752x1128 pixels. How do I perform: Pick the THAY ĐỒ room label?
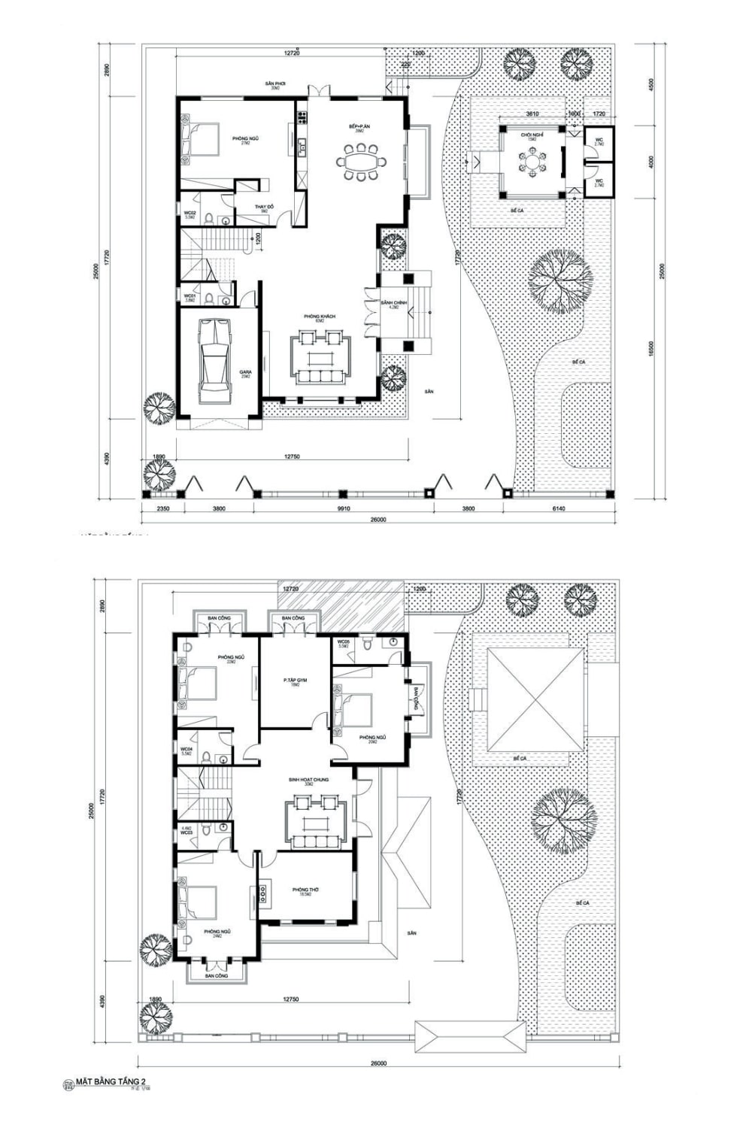coord(263,207)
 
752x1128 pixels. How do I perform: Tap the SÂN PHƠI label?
coord(275,83)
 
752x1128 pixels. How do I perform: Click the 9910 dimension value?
coord(343,509)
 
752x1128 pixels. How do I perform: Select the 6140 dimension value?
coord(558,509)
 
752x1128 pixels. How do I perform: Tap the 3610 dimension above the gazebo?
coord(532,114)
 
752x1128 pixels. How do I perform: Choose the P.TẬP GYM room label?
coord(296,680)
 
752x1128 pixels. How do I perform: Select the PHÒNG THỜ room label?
coord(306,890)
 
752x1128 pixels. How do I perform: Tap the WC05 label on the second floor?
coord(344,641)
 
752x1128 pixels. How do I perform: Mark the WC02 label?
coord(191,214)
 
